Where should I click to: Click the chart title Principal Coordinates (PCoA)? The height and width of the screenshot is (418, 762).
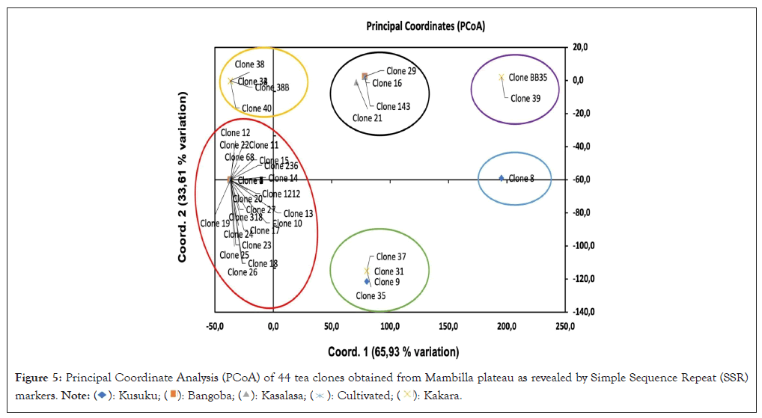coord(425,26)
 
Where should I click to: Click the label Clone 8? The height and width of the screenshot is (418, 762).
coord(521,179)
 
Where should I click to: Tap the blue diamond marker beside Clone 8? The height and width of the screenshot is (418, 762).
coord(502,178)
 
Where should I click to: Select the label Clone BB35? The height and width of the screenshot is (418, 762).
coord(533,77)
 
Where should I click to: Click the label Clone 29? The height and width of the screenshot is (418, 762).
coord(401,72)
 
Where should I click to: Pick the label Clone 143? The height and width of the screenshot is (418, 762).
coord(393,107)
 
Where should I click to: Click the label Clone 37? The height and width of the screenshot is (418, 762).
coord(391,257)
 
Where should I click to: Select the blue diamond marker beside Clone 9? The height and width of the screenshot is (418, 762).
coord(367,281)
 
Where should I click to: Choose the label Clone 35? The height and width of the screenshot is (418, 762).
coord(371,296)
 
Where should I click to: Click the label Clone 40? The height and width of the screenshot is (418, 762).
coord(257,109)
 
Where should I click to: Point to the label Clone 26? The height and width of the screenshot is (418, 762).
coord(243,272)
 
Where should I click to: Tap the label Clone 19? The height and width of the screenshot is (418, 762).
coord(215,224)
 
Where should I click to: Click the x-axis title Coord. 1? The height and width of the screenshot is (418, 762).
coord(393,351)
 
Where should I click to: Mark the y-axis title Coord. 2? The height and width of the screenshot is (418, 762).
coord(182,177)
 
